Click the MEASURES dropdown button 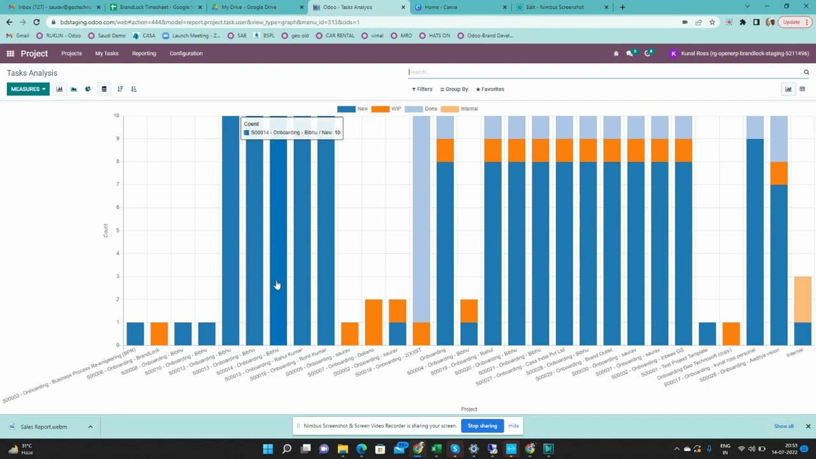[x=28, y=89]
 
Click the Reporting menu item [x=143, y=54]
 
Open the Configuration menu [x=186, y=54]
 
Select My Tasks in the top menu [x=106, y=54]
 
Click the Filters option [x=422, y=89]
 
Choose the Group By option [x=454, y=89]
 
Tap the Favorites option [x=490, y=89]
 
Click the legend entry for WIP [x=386, y=109]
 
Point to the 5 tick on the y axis [x=117, y=230]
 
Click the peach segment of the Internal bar [x=803, y=299]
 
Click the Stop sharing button [x=482, y=426]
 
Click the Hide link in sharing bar [x=513, y=426]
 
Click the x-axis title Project [x=469, y=409]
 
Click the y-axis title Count [x=106, y=231]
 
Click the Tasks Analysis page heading [x=32, y=73]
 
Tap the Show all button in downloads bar [x=783, y=426]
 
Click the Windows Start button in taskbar [x=268, y=449]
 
